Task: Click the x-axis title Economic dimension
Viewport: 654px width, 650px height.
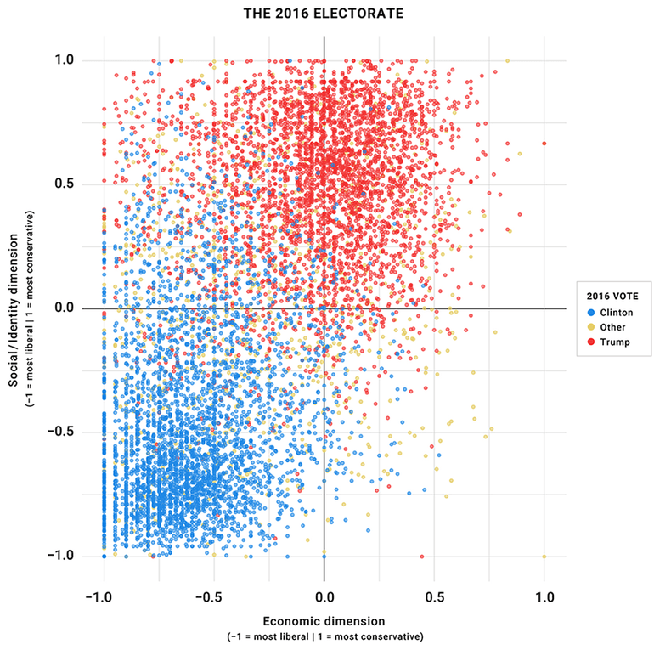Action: coord(324,621)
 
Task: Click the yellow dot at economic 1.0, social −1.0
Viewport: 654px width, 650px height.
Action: coord(544,556)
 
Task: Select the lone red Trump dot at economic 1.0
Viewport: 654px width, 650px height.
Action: coord(544,144)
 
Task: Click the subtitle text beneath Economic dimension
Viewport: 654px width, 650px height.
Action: coord(324,636)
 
